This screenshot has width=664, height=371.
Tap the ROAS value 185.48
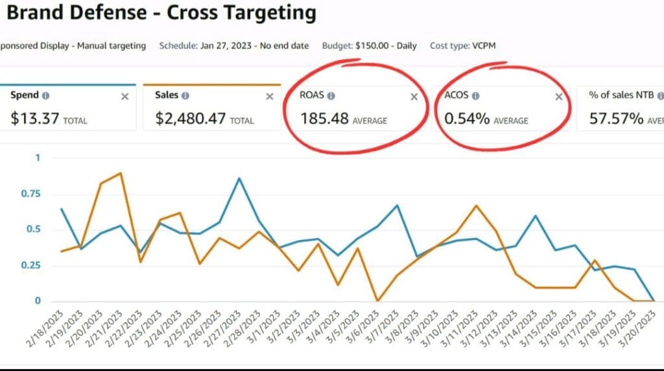[x=324, y=119]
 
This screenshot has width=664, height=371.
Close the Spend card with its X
[x=125, y=96]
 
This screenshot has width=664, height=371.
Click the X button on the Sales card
[x=270, y=96]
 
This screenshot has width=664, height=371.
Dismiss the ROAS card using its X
[x=414, y=97]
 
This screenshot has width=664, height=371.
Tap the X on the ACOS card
[x=559, y=97]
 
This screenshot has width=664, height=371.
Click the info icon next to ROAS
[x=331, y=96]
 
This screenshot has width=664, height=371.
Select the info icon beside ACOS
[x=475, y=96]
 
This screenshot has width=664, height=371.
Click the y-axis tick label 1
[x=37, y=158]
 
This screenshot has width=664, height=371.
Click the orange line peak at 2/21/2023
[x=121, y=173]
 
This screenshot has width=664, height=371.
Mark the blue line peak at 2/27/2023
[x=240, y=178]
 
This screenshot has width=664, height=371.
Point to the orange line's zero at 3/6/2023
[x=378, y=300]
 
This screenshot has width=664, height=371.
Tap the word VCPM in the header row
[x=482, y=46]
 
